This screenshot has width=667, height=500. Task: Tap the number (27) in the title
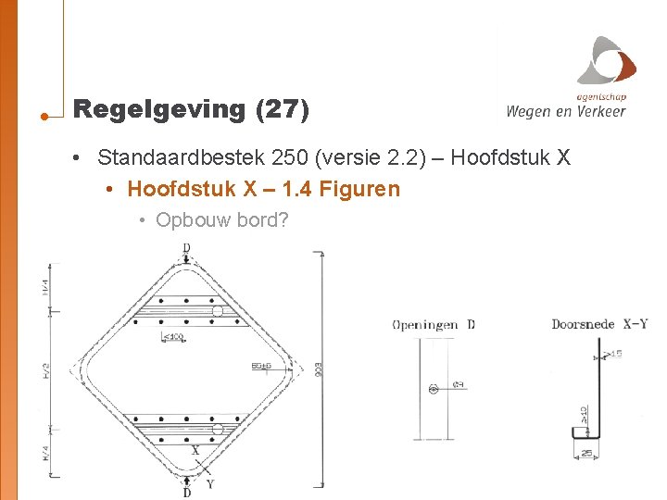pos(281,109)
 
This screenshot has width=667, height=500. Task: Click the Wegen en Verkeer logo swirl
pos(608,61)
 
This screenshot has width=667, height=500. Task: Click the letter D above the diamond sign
pos(187,248)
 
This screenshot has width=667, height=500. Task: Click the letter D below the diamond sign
pos(188,492)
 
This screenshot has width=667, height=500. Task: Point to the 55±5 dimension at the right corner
pos(262,367)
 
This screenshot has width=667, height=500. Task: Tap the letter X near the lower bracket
pos(195,451)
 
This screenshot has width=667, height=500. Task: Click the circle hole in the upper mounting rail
pos(218,312)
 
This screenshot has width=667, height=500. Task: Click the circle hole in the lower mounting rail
pos(218,429)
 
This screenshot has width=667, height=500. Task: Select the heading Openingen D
pos(433,324)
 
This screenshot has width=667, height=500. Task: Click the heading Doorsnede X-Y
pos(598,324)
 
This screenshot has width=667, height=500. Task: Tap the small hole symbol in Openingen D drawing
pos(434,389)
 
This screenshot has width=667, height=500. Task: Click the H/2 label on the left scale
pos(46,369)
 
